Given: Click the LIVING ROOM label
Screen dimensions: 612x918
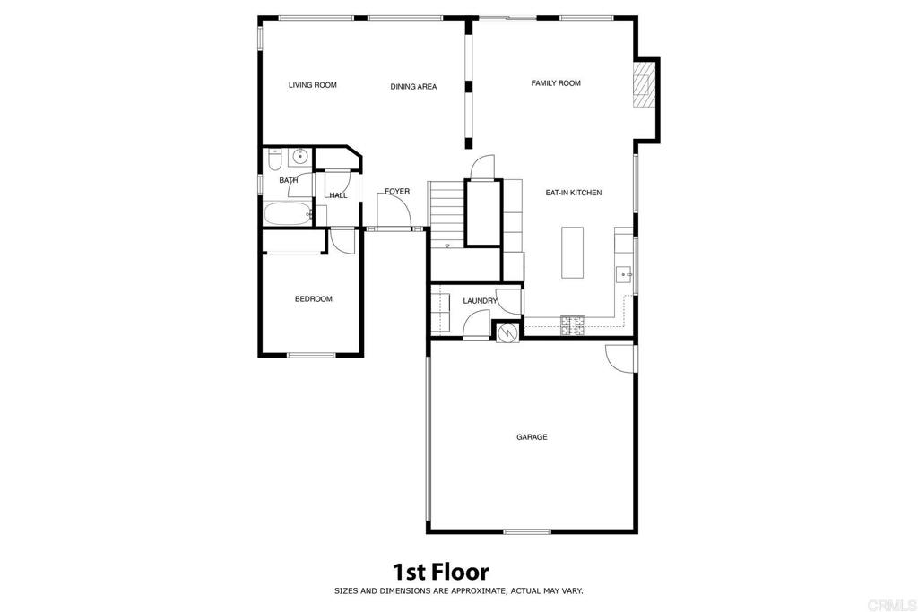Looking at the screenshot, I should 312,85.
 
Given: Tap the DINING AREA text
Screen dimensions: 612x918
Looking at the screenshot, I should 413,87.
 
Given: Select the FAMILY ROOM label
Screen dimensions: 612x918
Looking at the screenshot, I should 556,83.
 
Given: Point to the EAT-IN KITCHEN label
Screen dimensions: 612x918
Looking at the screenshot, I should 574,193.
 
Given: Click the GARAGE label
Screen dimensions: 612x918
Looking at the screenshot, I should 532,437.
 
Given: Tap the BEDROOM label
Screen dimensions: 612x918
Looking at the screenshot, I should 314,299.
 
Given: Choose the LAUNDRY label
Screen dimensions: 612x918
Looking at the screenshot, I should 480,302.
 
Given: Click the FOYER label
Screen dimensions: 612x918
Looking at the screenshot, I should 397,192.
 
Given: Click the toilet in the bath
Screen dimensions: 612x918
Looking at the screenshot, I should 274,159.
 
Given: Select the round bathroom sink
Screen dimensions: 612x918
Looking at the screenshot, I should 299,158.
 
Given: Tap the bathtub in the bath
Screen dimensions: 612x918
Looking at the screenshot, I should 287,214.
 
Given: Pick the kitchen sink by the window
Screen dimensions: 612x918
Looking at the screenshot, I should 624,274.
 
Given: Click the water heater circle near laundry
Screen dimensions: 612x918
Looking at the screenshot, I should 507,333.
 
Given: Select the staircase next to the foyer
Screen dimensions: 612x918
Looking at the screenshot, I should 446,213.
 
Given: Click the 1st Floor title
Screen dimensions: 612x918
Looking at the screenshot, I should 441,571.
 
